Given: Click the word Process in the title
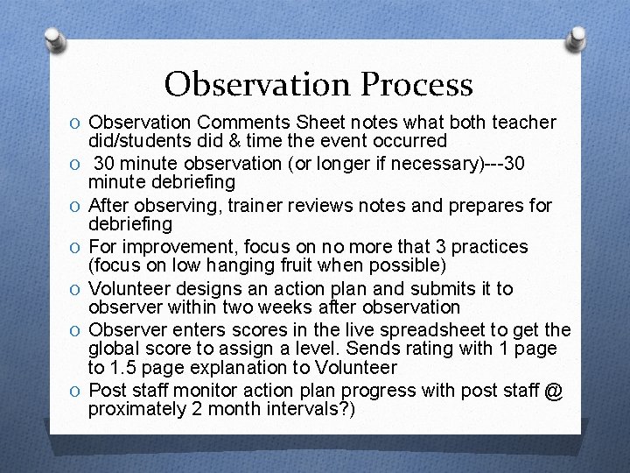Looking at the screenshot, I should (x=416, y=85).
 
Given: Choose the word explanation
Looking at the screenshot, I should (x=226, y=368).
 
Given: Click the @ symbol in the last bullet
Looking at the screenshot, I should (x=553, y=391).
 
